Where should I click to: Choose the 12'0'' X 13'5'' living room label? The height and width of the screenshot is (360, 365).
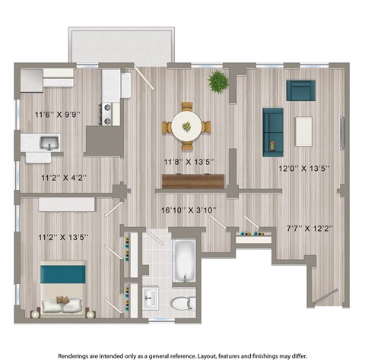[x=303, y=169]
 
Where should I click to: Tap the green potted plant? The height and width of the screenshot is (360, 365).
[x=218, y=81]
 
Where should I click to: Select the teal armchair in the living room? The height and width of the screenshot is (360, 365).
[x=300, y=90]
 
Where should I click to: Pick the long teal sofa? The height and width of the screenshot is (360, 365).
[x=273, y=132]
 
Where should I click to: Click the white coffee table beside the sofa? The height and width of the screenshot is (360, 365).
[x=305, y=131]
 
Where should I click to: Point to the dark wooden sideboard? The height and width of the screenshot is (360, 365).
[x=192, y=182]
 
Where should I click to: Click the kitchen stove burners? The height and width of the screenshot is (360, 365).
[x=109, y=114]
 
